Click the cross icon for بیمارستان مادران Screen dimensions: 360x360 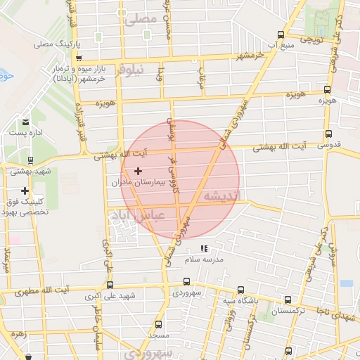coord(138,171)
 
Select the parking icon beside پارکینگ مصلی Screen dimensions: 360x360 coord(78,44)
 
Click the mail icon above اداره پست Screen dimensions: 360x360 coord(26,122)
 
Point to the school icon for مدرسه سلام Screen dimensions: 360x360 coord(204,248)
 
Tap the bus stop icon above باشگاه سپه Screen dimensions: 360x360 coord(241,290)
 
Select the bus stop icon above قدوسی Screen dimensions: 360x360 coord(328,134)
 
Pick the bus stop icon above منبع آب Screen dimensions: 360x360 coord(281,34)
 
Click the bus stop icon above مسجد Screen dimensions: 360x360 coord(158,325)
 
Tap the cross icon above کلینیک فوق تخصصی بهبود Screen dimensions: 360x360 coord(25,191)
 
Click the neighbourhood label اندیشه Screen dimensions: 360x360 coord(221,195)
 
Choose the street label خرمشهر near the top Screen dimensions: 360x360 coord(250,54)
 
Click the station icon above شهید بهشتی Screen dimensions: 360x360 coord(32,160)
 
